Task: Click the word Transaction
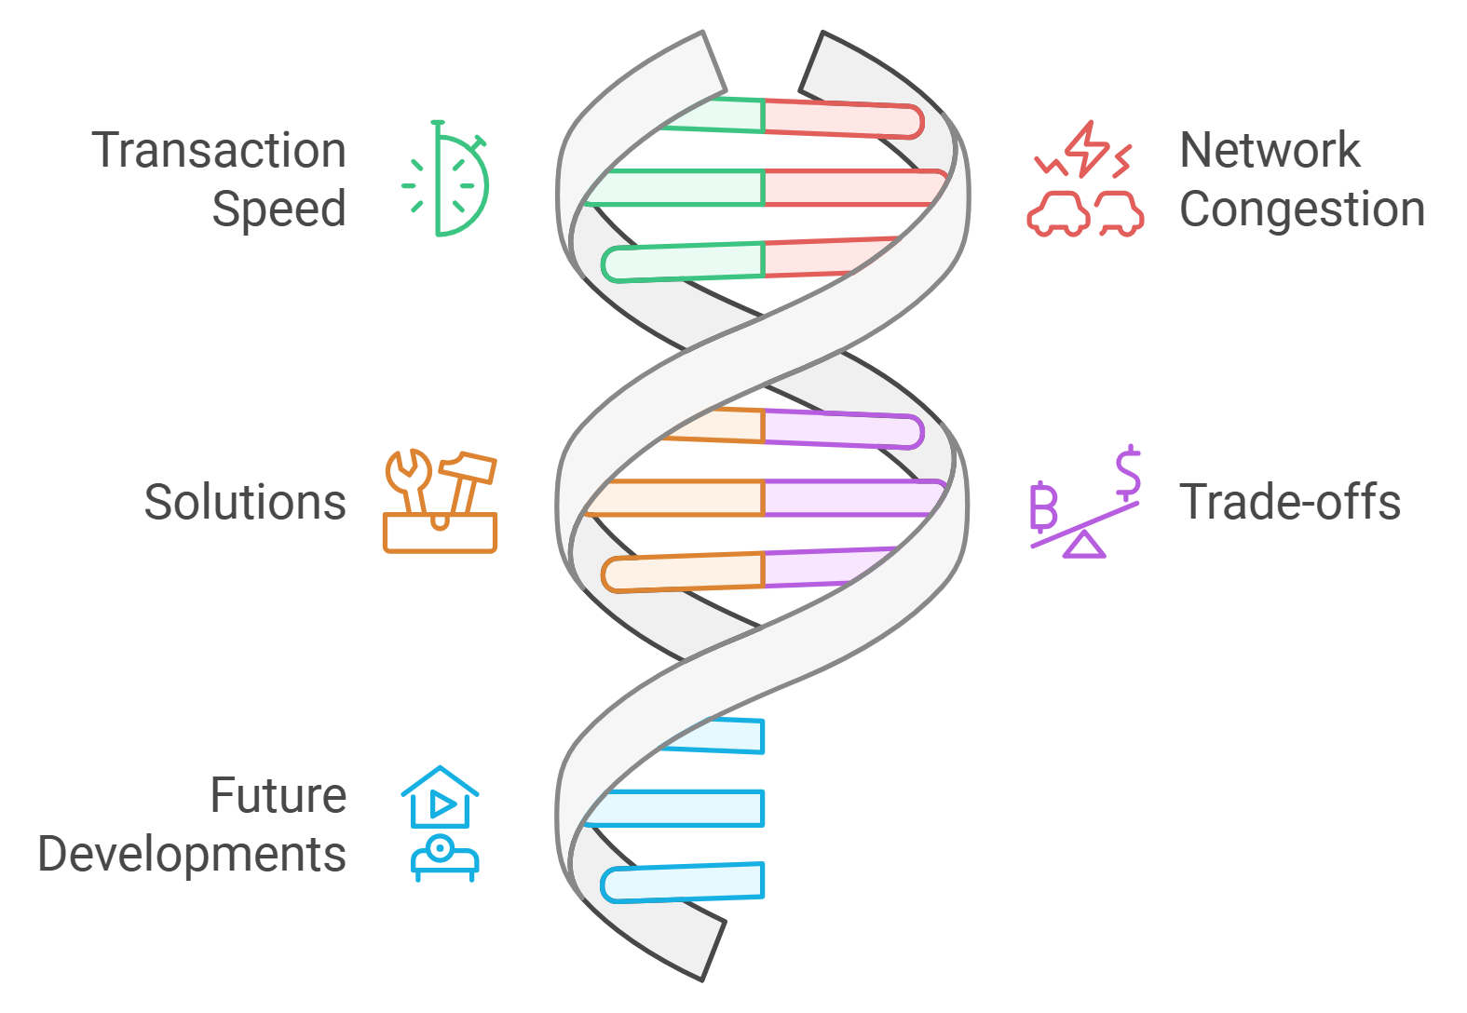[x=219, y=151]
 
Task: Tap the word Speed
[x=278, y=209]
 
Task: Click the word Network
[x=1269, y=151]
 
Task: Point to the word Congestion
[x=1301, y=209]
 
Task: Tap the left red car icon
[x=1058, y=213]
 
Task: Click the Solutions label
[x=245, y=503]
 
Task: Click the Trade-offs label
[x=1290, y=503]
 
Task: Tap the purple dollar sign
[x=1128, y=472]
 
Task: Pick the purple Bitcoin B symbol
[x=1043, y=507]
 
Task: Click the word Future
[x=278, y=796]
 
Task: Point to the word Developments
[x=192, y=855]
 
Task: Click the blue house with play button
[x=441, y=798]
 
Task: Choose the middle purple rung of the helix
[x=852, y=498]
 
